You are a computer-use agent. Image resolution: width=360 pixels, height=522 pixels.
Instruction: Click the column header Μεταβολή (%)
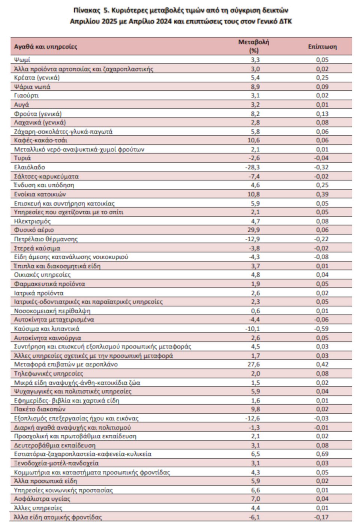point(253,46)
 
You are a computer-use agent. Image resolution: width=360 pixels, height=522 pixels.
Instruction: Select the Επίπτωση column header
point(322,46)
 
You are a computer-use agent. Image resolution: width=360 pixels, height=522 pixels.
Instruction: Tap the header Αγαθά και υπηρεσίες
point(45,46)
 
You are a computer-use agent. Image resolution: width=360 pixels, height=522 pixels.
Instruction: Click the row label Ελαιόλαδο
point(29,168)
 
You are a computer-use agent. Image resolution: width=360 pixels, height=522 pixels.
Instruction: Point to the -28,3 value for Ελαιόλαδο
point(252,168)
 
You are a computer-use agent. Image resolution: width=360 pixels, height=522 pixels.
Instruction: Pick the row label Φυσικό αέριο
point(34,230)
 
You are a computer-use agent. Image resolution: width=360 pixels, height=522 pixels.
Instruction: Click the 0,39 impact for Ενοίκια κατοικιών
point(322,194)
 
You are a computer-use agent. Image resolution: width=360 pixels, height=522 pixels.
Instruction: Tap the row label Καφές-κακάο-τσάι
point(40,140)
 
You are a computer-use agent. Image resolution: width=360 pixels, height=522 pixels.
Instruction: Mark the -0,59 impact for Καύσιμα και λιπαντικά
point(321,329)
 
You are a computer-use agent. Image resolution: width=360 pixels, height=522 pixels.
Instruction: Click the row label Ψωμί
point(22,60)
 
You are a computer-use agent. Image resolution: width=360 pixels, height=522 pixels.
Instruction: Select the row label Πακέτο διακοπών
point(40,409)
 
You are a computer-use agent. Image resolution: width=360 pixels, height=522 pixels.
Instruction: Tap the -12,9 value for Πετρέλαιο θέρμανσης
point(252,239)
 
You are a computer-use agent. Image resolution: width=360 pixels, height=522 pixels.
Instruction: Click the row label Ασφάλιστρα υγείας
point(42,499)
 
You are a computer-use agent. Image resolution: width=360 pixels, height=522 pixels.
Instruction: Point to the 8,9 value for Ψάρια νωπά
point(255,87)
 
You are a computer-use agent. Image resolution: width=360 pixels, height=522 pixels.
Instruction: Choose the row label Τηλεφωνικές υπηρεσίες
point(48,374)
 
